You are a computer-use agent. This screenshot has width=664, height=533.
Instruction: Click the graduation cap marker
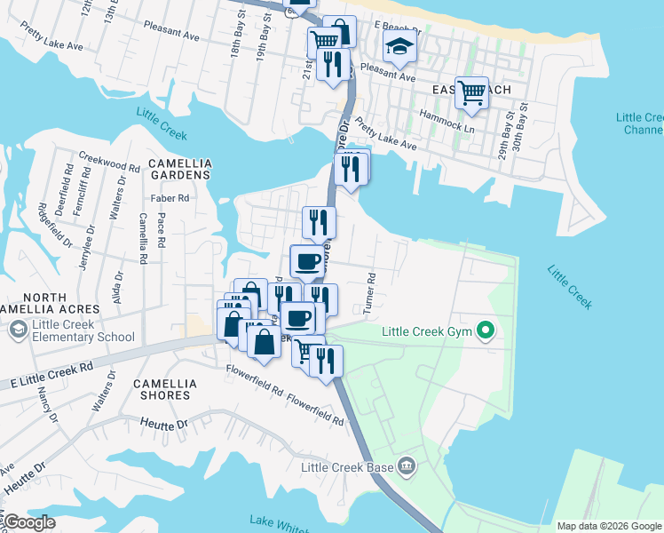point(399,47)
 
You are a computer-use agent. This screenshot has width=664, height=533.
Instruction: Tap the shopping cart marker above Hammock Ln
point(471,91)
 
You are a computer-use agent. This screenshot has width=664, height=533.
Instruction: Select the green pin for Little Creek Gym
point(485,332)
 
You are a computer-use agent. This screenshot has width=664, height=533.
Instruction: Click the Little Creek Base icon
point(407,465)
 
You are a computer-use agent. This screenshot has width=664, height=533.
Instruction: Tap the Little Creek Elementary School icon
point(18,330)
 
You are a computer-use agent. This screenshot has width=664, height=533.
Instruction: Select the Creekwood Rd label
point(109,167)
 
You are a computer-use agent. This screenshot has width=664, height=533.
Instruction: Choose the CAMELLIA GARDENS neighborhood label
point(179,169)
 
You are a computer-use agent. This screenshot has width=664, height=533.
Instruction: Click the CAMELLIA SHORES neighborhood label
point(162,389)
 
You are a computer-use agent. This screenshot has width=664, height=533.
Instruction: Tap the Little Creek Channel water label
point(640,123)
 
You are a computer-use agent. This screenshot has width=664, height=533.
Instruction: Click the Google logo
point(29,523)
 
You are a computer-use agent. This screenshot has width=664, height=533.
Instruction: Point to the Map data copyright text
point(607,526)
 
